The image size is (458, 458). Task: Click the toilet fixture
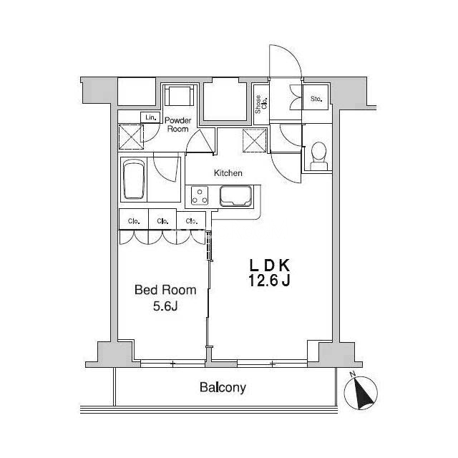tap(318, 156)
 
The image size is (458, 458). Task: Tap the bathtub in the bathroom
tap(134, 180)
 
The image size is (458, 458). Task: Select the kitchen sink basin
tap(235, 196)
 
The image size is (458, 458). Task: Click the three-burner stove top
tap(200, 195)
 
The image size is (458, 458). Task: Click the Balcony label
tap(223, 388)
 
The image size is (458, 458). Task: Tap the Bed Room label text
tap(165, 290)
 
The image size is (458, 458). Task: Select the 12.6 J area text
tap(269, 281)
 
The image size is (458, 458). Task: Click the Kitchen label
tap(228, 173)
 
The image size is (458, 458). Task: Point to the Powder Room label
tap(178, 125)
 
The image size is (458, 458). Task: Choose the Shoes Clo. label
tap(261, 104)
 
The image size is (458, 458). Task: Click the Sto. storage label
tap(316, 99)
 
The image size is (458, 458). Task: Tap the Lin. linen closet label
tap(151, 117)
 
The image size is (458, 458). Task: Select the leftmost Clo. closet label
tap(134, 221)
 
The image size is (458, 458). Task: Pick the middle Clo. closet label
tap(162, 221)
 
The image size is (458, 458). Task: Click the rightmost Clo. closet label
tap(192, 221)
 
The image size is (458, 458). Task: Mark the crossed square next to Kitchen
tap(255, 140)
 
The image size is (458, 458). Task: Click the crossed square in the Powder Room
tap(131, 137)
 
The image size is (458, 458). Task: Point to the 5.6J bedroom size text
tap(165, 306)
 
